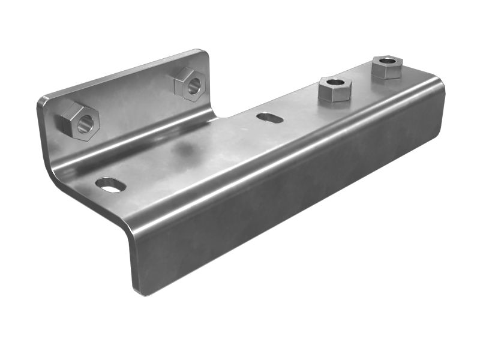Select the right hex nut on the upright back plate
(x=190, y=83)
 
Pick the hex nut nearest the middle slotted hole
(x=334, y=89)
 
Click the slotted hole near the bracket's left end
(x=111, y=185)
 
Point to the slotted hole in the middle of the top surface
(x=270, y=118)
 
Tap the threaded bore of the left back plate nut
(x=85, y=124)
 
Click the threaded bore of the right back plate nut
(x=194, y=87)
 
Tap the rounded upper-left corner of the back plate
(x=42, y=101)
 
